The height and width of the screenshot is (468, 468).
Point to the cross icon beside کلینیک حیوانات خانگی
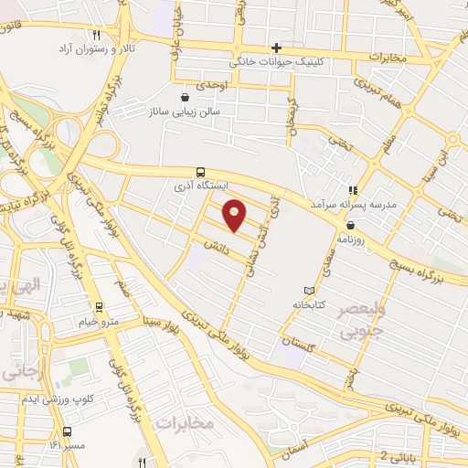pos(276,48)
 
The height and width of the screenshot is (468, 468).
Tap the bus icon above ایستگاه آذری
pos(200,171)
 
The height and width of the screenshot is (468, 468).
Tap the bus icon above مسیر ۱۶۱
pos(67,431)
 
